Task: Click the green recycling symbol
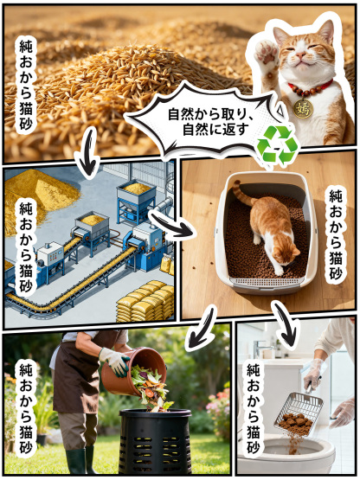277,144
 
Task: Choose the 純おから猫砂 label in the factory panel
26,246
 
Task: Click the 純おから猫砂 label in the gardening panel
26,406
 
